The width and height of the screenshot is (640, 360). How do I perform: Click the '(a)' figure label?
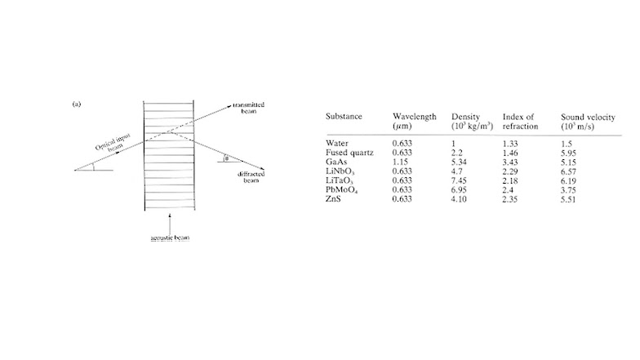(77, 104)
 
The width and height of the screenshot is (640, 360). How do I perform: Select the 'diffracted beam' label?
(249, 177)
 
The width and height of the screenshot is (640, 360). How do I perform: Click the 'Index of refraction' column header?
(520, 122)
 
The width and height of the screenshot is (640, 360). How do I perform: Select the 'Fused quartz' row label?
(349, 152)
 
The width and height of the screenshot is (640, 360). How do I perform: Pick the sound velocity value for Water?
(565, 143)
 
